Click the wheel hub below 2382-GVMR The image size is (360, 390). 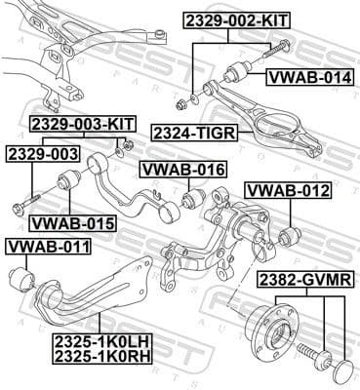pos(272,329)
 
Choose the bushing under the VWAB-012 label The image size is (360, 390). pos(288,237)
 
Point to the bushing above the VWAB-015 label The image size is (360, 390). pos(68,182)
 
